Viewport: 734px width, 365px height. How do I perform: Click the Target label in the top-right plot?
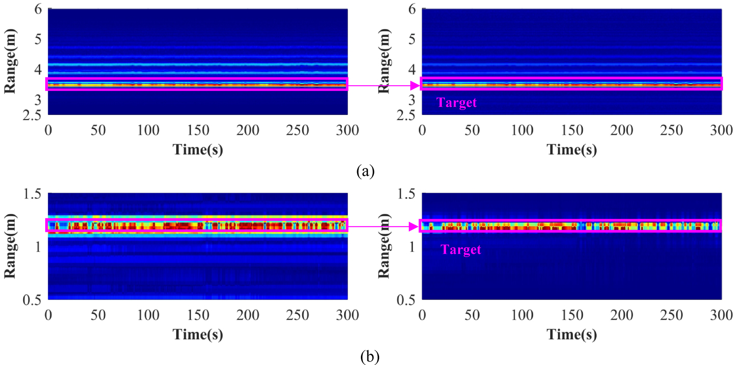click(456, 102)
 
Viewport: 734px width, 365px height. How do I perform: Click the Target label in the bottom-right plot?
click(460, 249)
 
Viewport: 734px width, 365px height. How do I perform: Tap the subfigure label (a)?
click(365, 171)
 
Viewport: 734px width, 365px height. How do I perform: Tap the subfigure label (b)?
click(369, 357)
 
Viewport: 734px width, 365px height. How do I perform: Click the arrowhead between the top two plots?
click(415, 85)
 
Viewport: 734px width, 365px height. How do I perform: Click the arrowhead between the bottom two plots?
click(413, 227)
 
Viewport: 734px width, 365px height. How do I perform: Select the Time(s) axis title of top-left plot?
click(198, 149)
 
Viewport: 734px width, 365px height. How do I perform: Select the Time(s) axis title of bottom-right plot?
click(571, 335)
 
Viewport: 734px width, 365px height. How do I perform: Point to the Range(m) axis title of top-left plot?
click(10, 61)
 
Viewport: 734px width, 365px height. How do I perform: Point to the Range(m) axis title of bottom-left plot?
click(10, 246)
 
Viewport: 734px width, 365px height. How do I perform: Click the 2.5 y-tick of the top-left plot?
click(32, 115)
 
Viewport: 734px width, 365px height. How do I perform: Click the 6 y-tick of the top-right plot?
click(412, 9)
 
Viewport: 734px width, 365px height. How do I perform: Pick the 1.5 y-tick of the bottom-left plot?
click(32, 194)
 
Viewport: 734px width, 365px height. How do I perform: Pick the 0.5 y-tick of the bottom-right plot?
click(406, 300)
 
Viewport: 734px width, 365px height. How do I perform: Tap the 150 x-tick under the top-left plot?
click(198, 130)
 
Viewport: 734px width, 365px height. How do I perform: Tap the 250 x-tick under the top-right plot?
click(671, 130)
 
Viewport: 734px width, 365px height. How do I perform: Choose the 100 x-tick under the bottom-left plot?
click(148, 315)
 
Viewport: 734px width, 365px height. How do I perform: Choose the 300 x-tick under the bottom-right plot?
click(721, 315)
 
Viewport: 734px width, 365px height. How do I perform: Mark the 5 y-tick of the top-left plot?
click(38, 39)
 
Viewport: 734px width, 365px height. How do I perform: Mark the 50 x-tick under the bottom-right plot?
click(472, 315)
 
